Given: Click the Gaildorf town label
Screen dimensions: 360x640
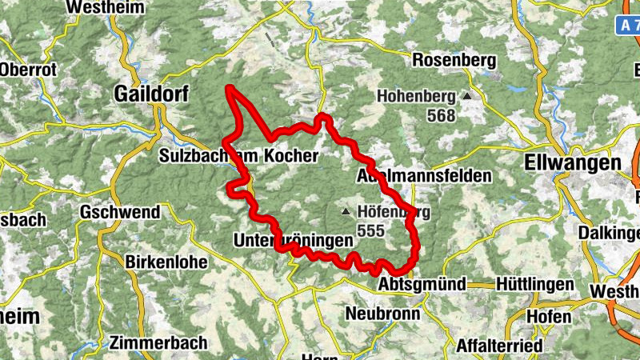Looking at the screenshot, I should coord(152,94).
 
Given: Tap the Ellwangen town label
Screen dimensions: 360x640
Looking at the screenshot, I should coord(574,162).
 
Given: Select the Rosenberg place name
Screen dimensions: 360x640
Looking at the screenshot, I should coord(454,60).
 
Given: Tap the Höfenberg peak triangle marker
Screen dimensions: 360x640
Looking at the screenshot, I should coord(346,212).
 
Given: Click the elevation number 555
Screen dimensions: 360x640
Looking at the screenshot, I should coord(372,230).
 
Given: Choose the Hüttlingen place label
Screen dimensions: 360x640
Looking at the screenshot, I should coord(534,285).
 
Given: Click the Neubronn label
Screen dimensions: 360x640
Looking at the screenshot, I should coord(382,314).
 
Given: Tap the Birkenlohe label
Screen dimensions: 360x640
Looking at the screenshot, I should coord(166,262).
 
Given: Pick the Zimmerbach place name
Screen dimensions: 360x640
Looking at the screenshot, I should coord(160,342).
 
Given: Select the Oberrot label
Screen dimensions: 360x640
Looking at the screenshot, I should coord(29,70).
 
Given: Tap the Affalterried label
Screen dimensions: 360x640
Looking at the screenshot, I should coord(498,346).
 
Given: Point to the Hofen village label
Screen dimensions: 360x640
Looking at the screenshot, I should coord(549,316).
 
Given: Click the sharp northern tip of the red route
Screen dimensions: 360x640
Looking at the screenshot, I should coord(230,87).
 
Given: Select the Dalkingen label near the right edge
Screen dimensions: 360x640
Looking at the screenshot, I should coord(613,234).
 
